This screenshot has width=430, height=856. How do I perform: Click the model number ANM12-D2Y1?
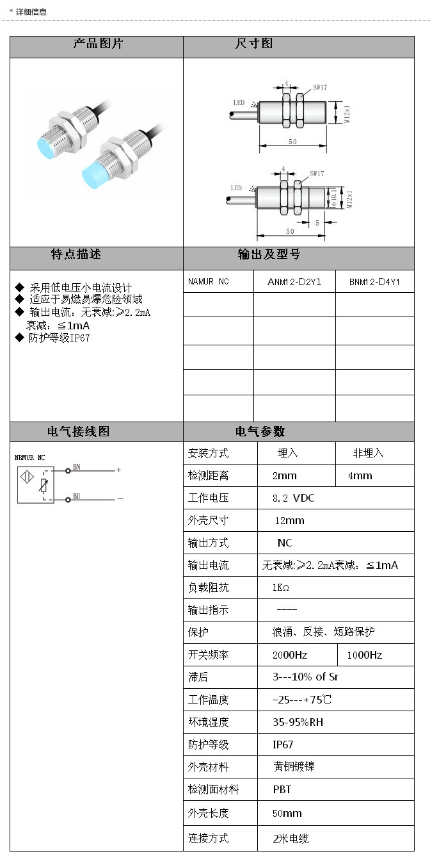pos(294,282)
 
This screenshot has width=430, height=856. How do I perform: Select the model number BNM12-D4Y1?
pos(374,282)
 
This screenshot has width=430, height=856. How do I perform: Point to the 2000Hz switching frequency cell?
pos(291,655)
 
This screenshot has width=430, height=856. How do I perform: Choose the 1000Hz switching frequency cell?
pos(365,655)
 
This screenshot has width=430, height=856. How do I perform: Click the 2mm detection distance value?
pos(285,475)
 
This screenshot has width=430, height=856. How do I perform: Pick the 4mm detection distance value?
pos(360,475)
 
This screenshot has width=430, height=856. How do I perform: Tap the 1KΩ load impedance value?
pos(281,588)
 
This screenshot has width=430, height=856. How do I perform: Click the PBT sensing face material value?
pos(282,789)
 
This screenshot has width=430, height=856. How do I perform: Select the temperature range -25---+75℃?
pos(302,700)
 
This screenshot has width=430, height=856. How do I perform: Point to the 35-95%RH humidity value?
pos(298,722)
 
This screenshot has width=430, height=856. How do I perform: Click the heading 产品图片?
pos(98,44)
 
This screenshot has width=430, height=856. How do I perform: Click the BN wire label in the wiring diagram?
pos(77,467)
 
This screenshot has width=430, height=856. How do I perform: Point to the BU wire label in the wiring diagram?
pos(77,496)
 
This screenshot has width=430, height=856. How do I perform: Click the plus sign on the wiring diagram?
pos(119,470)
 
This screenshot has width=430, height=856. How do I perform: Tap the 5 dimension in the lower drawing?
pos(317,223)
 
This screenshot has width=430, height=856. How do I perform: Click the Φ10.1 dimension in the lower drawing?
pos(334,197)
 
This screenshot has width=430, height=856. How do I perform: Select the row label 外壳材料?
pos(208,767)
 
